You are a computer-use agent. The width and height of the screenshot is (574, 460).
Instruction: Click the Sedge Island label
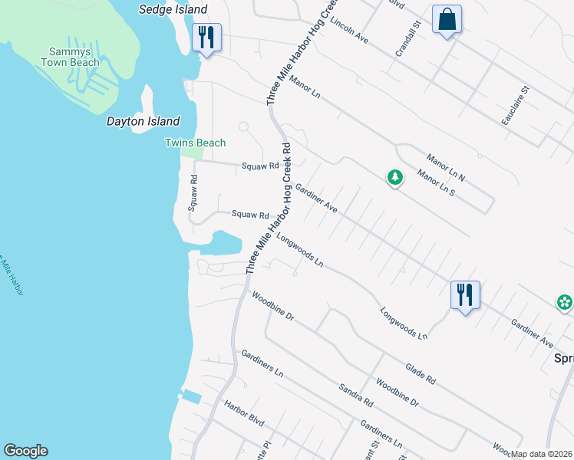(x=173, y=9)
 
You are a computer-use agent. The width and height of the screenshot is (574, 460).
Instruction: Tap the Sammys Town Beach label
(x=70, y=57)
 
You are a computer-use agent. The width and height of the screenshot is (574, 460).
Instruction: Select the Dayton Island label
(x=143, y=121)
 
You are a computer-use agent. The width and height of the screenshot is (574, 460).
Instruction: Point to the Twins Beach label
(x=196, y=143)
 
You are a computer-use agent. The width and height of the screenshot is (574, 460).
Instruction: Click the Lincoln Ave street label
(x=349, y=33)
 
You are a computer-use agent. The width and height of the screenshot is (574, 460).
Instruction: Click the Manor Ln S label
(x=436, y=182)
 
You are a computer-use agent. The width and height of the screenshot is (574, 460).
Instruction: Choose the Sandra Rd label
(x=357, y=393)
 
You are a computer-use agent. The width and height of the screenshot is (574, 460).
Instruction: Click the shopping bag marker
(x=447, y=19)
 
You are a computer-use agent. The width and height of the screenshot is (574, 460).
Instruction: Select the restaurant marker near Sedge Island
(x=206, y=37)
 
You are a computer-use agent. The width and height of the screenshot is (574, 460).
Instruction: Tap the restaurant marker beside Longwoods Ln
(x=465, y=294)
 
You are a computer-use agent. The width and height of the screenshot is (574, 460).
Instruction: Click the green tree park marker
(x=394, y=178)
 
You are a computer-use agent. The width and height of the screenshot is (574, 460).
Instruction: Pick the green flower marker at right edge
(x=565, y=302)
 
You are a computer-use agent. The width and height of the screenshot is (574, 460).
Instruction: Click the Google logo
(x=25, y=451)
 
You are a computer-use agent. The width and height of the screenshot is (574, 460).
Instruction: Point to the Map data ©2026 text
(x=542, y=454)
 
